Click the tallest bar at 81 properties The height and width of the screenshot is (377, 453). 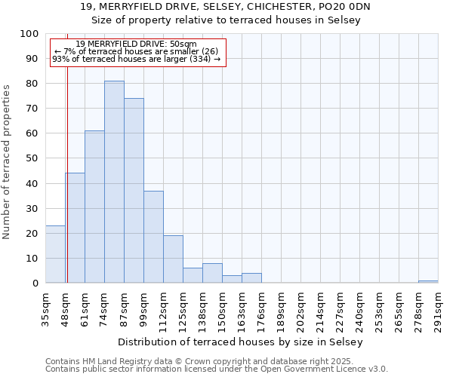click(114, 182)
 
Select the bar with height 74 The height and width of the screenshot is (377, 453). click(134, 191)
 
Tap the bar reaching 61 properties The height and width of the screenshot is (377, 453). click(94, 207)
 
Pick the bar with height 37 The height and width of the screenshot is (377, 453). click(153, 237)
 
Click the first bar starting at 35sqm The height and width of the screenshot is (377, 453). click(55, 254)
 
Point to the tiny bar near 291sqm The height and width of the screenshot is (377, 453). click(428, 282)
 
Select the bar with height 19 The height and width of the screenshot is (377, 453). click(173, 259)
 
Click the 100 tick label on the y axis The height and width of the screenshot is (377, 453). click(29, 34)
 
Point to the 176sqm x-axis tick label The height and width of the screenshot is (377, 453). click(261, 308)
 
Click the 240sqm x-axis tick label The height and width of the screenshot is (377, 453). click(359, 308)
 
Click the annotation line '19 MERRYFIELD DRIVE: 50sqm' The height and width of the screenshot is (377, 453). click(137, 44)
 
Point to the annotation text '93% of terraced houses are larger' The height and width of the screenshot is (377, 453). click(137, 59)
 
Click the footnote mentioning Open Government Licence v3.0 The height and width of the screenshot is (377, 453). click(217, 369)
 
